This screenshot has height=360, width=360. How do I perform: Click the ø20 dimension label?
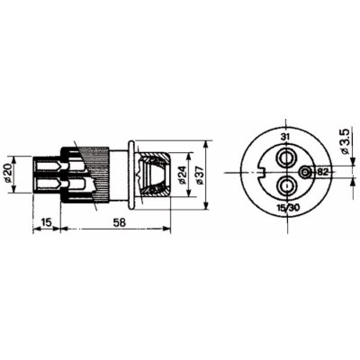click(x=8, y=174)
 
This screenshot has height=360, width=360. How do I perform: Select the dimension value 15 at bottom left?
click(x=46, y=222)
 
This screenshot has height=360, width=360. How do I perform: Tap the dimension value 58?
click(x=119, y=222)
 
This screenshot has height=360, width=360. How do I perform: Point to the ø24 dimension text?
click(x=181, y=175)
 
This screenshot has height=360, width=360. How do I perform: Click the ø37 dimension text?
click(x=198, y=175)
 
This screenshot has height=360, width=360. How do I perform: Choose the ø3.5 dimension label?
click(x=345, y=141)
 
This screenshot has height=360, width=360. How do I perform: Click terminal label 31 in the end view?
click(x=285, y=137)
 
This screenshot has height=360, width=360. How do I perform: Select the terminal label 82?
click(x=321, y=172)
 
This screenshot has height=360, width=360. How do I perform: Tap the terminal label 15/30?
click(x=287, y=208)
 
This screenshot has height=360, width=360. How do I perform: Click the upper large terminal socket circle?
click(x=285, y=157)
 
